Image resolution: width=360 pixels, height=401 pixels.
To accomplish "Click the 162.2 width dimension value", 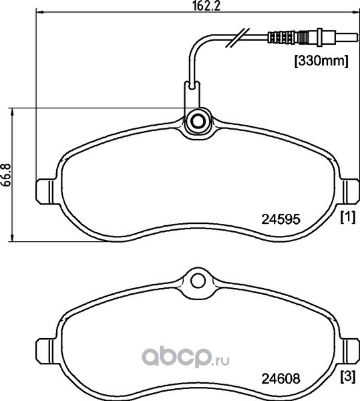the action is (x=206, y=5).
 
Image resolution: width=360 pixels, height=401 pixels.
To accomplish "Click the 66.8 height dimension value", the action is (x=7, y=175).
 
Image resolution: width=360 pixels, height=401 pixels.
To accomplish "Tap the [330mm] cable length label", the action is (x=321, y=61).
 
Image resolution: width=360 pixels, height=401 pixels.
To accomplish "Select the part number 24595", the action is (x=281, y=219).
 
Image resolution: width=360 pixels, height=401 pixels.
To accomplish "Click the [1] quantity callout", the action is (x=348, y=217).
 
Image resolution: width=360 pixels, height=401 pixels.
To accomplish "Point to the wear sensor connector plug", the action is (x=312, y=37).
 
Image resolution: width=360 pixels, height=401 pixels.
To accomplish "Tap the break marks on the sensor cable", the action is (x=236, y=37).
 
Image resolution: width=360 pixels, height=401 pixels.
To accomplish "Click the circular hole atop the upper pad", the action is (x=198, y=122).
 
